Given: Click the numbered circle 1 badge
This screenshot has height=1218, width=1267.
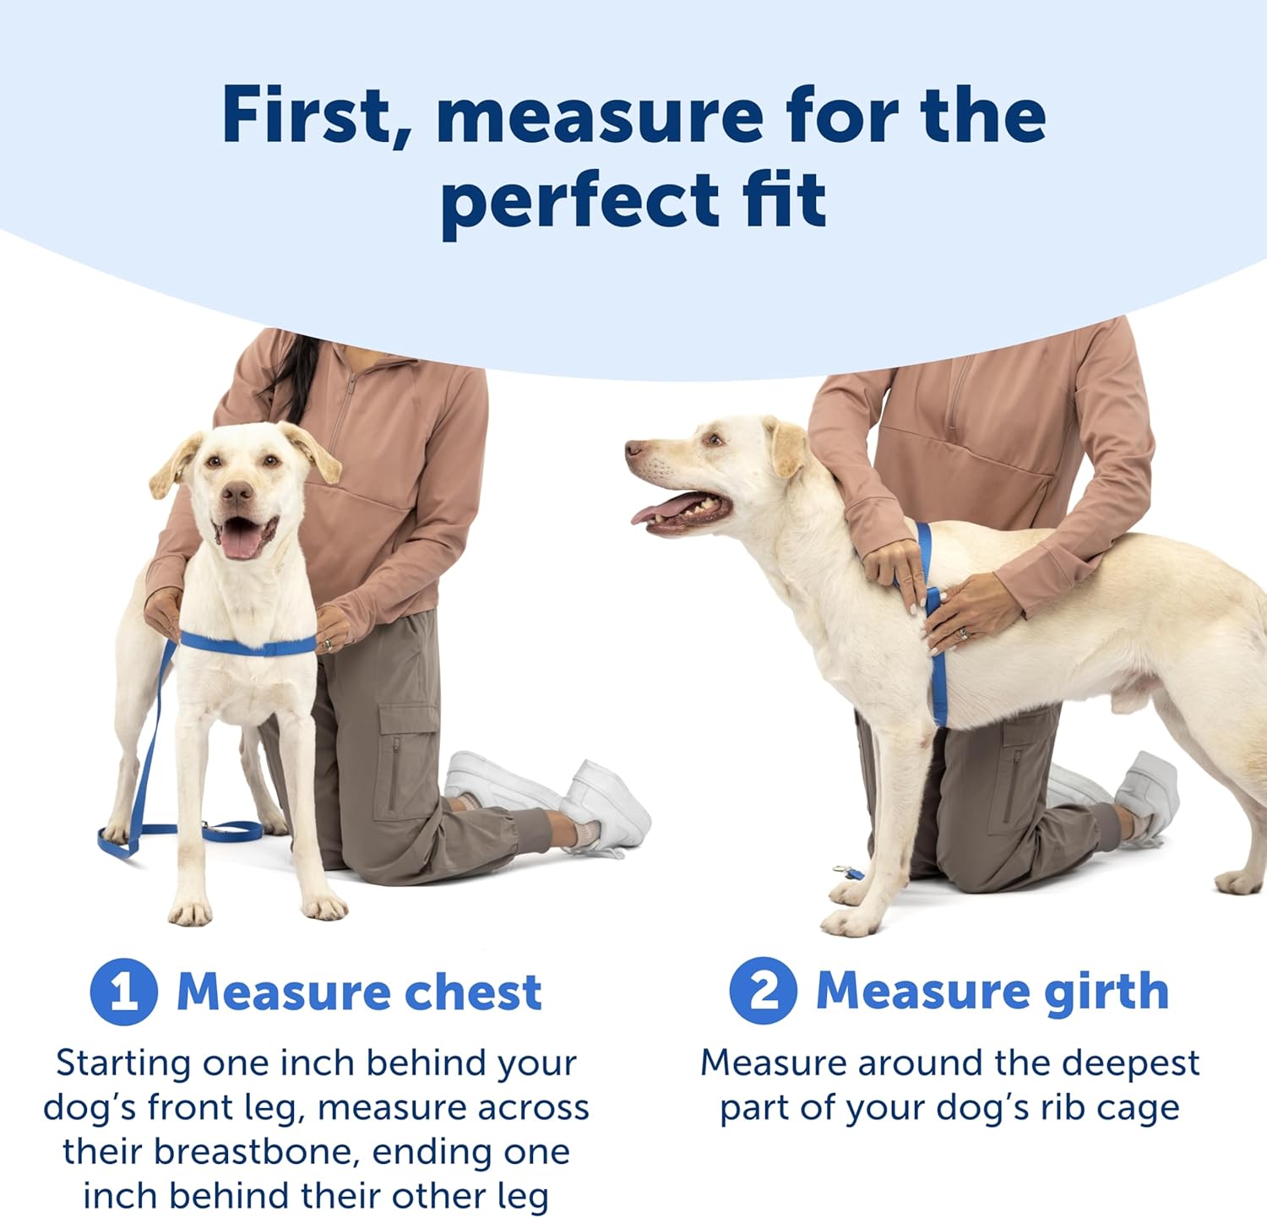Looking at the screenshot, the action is point(123,992).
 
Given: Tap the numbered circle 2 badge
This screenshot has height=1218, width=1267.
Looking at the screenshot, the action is point(764,990).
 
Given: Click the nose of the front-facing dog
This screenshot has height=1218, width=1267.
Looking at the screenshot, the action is point(237,492).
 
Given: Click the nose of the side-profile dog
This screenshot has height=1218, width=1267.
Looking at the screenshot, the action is point(633,449).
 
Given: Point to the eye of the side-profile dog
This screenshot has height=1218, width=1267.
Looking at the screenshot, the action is point(714,438).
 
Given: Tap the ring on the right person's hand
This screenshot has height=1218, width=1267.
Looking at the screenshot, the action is point(961,633).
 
